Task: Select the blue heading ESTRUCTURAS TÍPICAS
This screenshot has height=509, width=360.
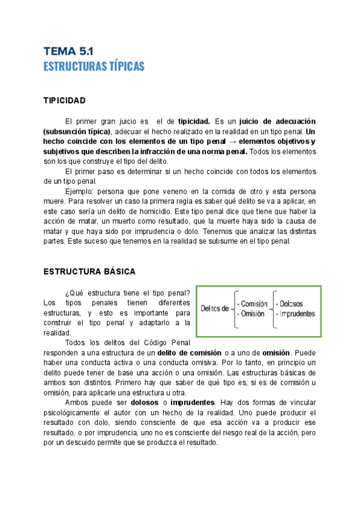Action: pyautogui.click(x=94, y=66)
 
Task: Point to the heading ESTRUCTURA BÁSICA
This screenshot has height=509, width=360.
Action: pyautogui.click(x=89, y=271)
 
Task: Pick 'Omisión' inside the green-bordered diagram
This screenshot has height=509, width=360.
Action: pyautogui.click(x=250, y=313)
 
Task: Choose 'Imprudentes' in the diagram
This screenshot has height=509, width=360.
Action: pyautogui.click(x=295, y=313)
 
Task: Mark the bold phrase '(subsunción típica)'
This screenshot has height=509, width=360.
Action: pyautogui.click(x=77, y=131)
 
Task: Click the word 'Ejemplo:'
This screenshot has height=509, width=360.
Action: pyautogui.click(x=82, y=191)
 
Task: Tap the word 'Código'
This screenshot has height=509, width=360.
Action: pyautogui.click(x=154, y=342)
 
